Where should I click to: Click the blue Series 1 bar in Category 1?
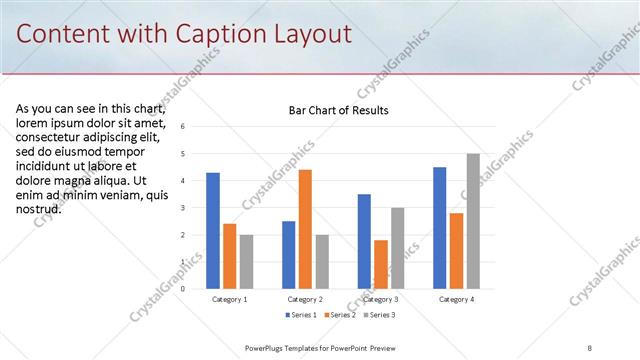(x=213, y=231)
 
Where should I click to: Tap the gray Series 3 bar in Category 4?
(x=473, y=221)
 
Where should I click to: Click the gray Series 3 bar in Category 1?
(x=246, y=262)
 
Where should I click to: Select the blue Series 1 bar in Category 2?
(x=288, y=255)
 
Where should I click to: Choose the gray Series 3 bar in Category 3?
(x=397, y=248)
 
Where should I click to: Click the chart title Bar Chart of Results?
(x=332, y=110)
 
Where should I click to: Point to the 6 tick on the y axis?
(x=182, y=127)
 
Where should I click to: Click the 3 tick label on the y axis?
(x=182, y=208)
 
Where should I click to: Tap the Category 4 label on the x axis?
(x=456, y=299)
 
